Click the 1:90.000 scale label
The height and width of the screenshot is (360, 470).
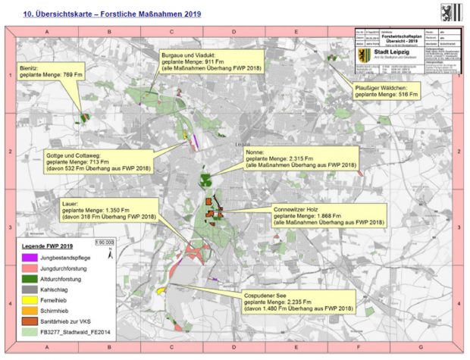coord(104,243)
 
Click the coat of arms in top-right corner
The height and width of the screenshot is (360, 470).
coord(449,12)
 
